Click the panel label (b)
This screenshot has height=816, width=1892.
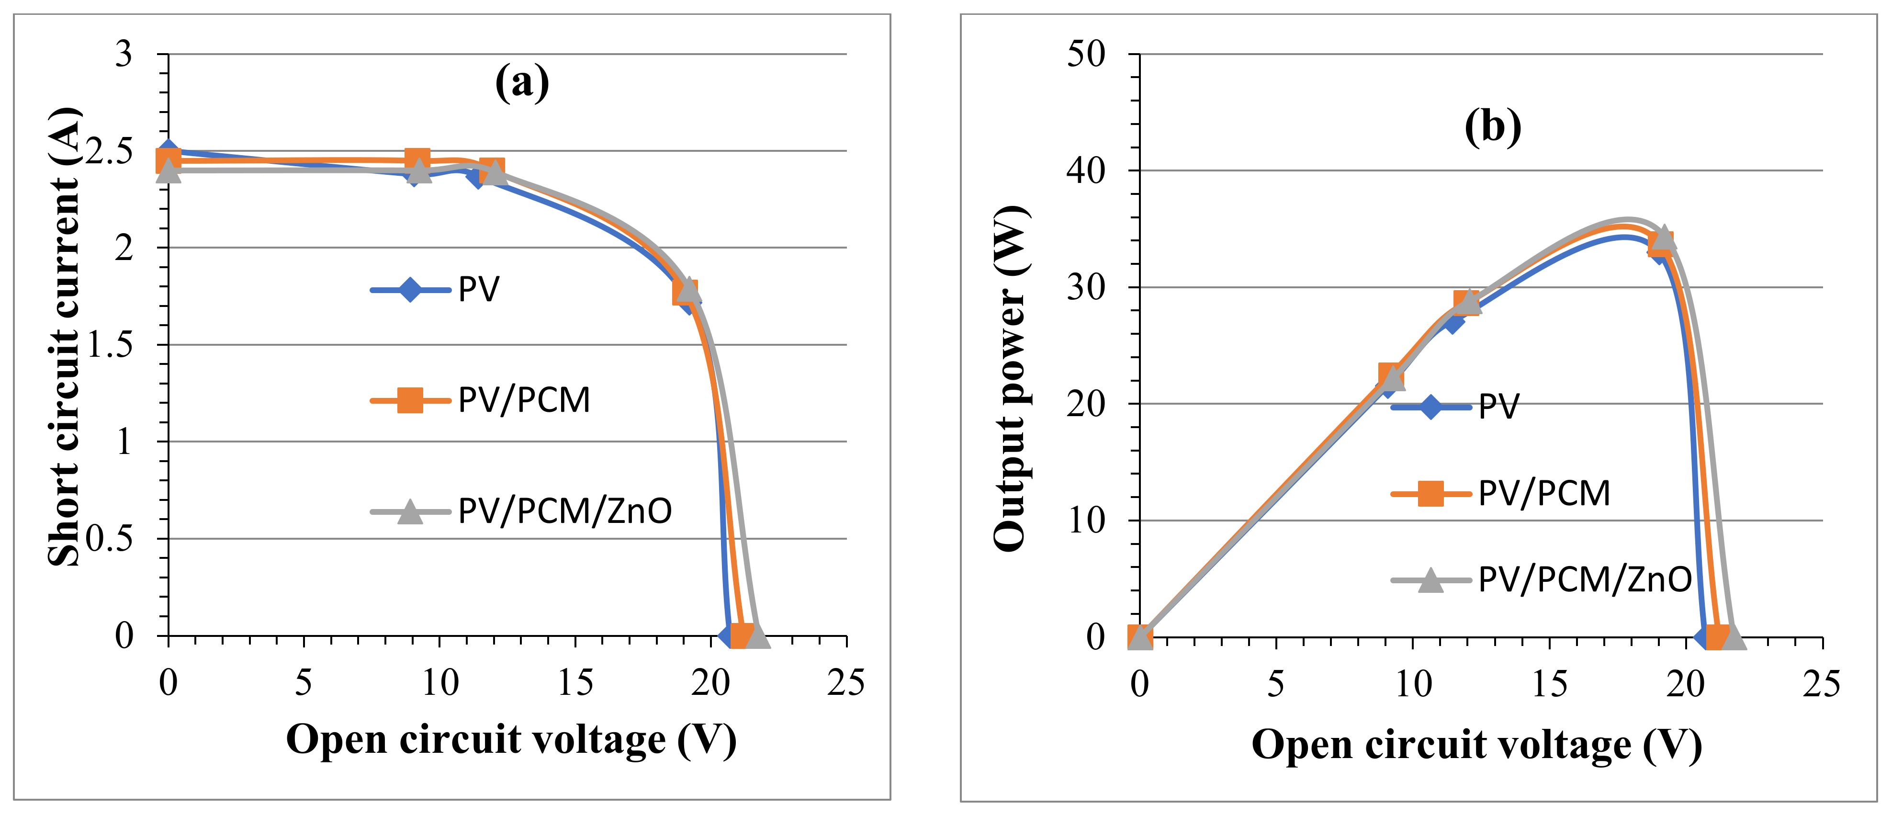[1492, 126]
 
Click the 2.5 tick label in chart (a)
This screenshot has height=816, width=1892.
[110, 152]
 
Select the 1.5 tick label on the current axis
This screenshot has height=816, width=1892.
[110, 344]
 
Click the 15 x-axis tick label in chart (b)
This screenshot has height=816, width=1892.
[1550, 684]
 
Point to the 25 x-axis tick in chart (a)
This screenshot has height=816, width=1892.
[846, 683]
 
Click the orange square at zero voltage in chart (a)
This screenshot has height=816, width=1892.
[168, 160]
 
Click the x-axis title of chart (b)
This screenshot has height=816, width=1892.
[1477, 746]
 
